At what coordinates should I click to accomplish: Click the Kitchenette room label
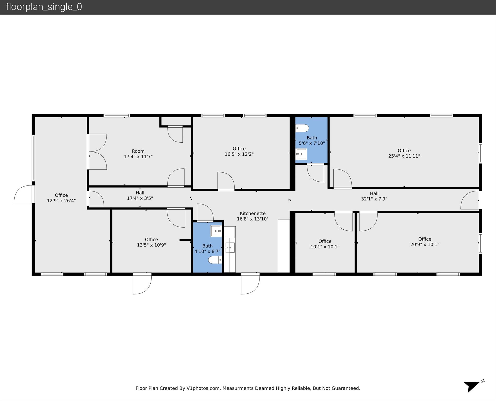click(252, 213)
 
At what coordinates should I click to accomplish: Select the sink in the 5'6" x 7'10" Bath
click(301, 154)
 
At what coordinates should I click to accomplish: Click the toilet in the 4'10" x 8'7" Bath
click(215, 260)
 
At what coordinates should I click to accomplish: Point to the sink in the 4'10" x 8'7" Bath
click(216, 231)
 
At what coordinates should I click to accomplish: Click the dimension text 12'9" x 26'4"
click(61, 201)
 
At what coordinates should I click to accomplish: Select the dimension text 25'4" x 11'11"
click(404, 156)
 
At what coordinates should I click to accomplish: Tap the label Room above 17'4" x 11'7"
click(138, 151)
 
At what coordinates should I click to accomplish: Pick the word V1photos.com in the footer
click(203, 388)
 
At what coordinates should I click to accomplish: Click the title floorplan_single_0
click(44, 7)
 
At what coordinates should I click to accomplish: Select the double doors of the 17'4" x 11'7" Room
click(97, 152)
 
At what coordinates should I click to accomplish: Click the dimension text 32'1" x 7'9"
click(374, 199)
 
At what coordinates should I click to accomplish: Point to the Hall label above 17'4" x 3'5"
click(140, 193)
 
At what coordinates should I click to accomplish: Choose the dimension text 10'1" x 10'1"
click(325, 247)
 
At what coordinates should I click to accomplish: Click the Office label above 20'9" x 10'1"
click(424, 239)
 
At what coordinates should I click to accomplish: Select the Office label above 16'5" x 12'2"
click(239, 149)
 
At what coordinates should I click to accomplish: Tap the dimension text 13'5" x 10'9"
click(151, 245)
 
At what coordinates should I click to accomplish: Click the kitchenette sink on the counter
click(230, 247)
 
